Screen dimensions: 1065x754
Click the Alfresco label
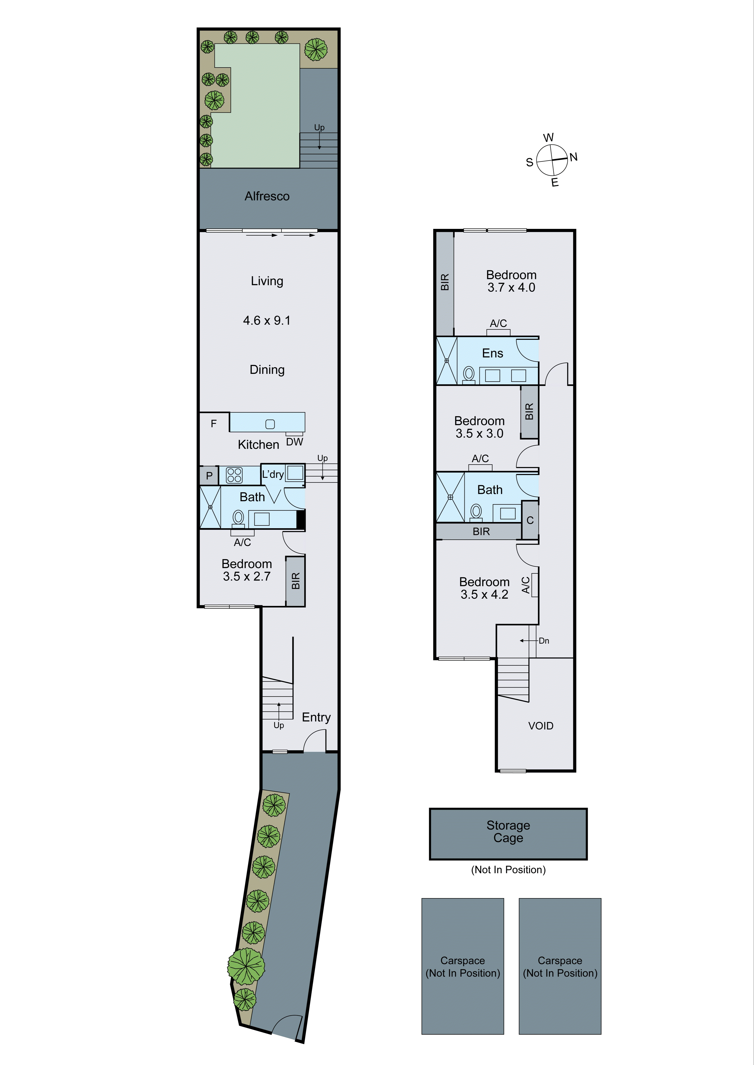click(267, 196)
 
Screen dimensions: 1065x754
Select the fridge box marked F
click(214, 423)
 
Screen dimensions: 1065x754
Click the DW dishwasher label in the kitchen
click(294, 442)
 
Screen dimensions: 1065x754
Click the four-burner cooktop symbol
click(234, 475)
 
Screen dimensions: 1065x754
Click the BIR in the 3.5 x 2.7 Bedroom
click(295, 581)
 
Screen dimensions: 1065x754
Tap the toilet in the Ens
click(469, 374)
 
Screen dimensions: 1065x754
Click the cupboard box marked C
click(530, 521)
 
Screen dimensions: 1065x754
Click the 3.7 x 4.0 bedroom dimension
click(511, 288)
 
